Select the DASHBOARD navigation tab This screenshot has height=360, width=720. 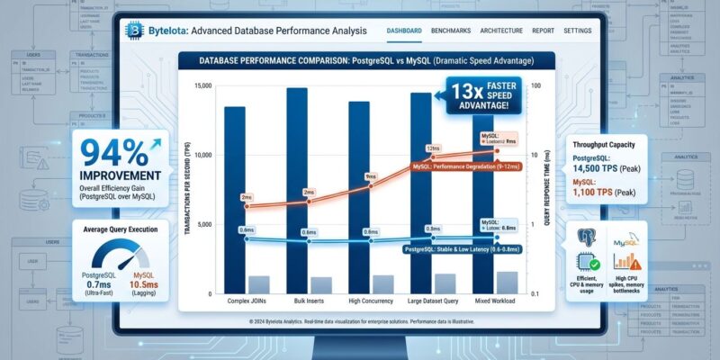[404, 31]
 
